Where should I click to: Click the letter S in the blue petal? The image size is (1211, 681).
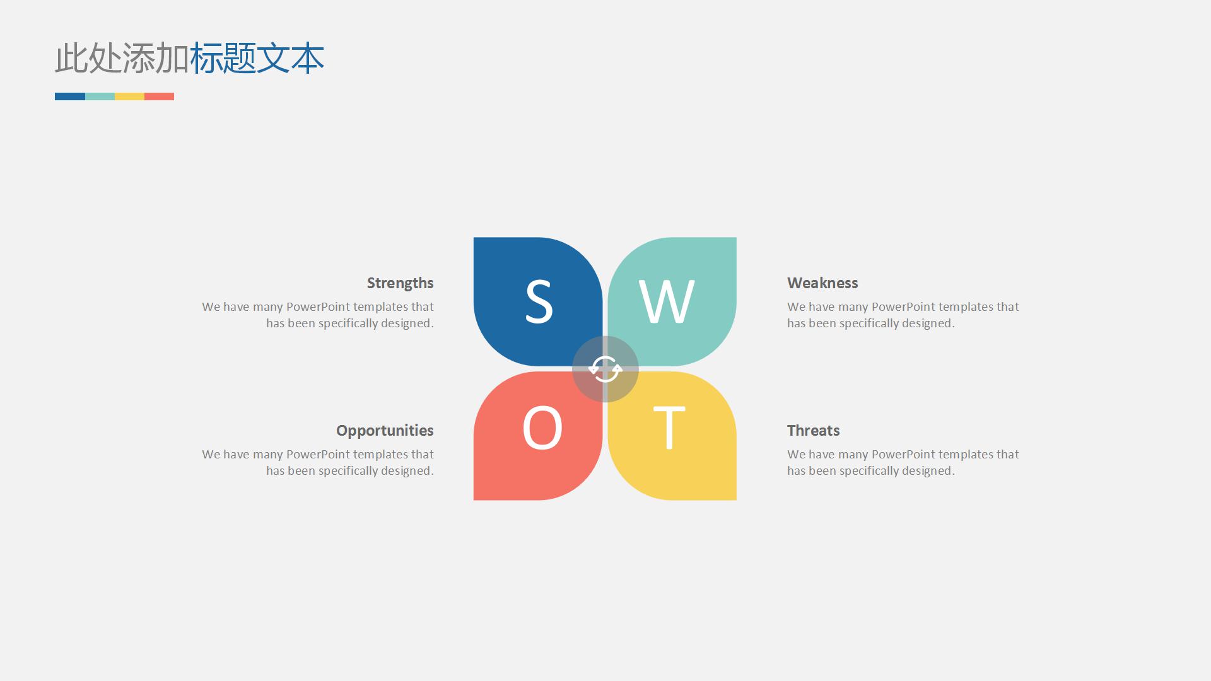(x=539, y=301)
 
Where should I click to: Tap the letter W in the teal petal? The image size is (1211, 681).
(x=667, y=301)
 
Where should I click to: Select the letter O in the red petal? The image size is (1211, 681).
(x=542, y=428)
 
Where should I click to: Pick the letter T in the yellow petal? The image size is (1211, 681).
(x=669, y=428)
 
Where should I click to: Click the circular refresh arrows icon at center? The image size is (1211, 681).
(x=605, y=369)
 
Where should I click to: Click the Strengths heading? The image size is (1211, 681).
(x=401, y=283)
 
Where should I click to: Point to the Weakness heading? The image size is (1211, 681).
(x=822, y=283)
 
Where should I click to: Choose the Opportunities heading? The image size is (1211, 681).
(x=385, y=431)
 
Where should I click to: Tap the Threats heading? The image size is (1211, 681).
(x=814, y=431)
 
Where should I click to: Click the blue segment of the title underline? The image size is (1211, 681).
(x=70, y=96)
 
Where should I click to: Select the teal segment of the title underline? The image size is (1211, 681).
(x=100, y=96)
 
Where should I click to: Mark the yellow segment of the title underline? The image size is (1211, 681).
(x=129, y=96)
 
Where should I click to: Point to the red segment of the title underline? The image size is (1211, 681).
(x=159, y=96)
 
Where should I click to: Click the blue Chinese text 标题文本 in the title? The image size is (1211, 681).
(x=257, y=58)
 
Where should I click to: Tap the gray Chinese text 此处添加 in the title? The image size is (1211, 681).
(x=122, y=58)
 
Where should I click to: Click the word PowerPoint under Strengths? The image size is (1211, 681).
(x=318, y=307)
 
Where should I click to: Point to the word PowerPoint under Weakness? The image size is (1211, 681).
(x=903, y=307)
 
